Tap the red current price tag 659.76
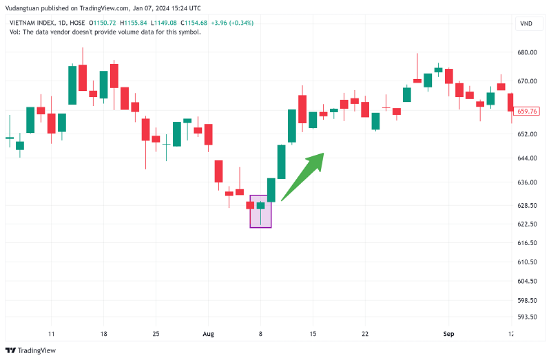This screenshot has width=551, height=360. coord(527,111)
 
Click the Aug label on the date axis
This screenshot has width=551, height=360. coord(209,334)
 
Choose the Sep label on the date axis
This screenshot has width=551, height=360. coord(448,334)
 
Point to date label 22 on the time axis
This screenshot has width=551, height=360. coord(364,334)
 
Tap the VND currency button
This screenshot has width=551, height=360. coord(526,25)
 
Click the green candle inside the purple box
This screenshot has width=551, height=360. coord(260,205)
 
